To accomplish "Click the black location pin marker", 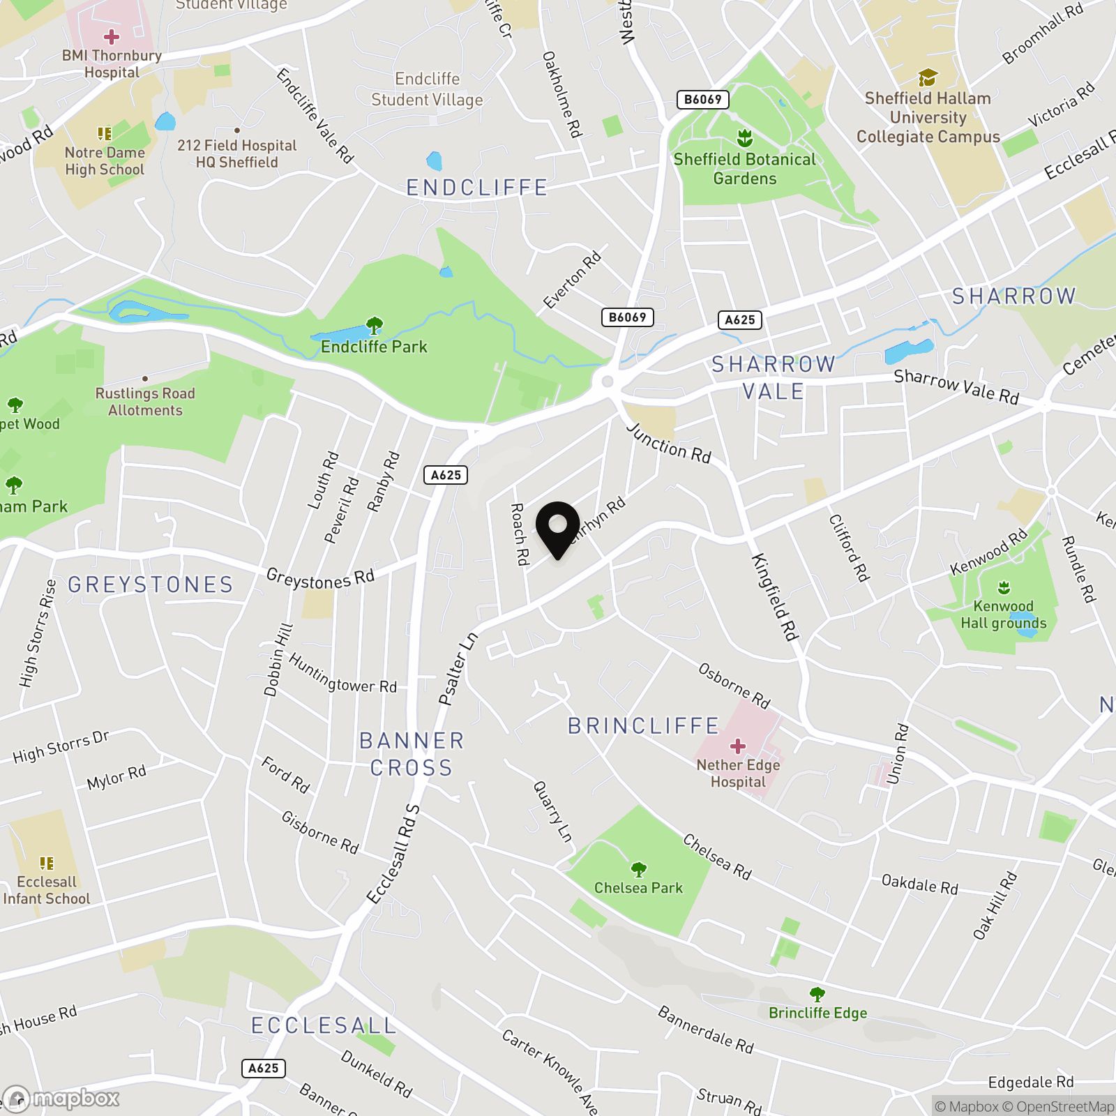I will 558,528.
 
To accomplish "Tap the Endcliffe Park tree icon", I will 375,325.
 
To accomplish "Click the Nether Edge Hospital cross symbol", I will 737,746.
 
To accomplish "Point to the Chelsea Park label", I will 638,888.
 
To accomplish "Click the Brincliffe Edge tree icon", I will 817,993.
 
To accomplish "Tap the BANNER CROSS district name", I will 412,754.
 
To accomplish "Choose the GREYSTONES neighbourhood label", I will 151,585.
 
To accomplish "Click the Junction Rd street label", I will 668,443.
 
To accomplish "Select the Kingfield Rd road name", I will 774,596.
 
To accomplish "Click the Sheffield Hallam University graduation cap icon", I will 927,77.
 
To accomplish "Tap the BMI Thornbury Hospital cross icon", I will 112,36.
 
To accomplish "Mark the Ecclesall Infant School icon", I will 47,864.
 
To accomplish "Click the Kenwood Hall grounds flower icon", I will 1004,587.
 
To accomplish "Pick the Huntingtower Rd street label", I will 342,674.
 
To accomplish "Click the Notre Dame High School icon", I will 105,133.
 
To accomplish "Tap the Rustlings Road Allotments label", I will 145,402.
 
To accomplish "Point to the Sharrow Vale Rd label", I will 956,386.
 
